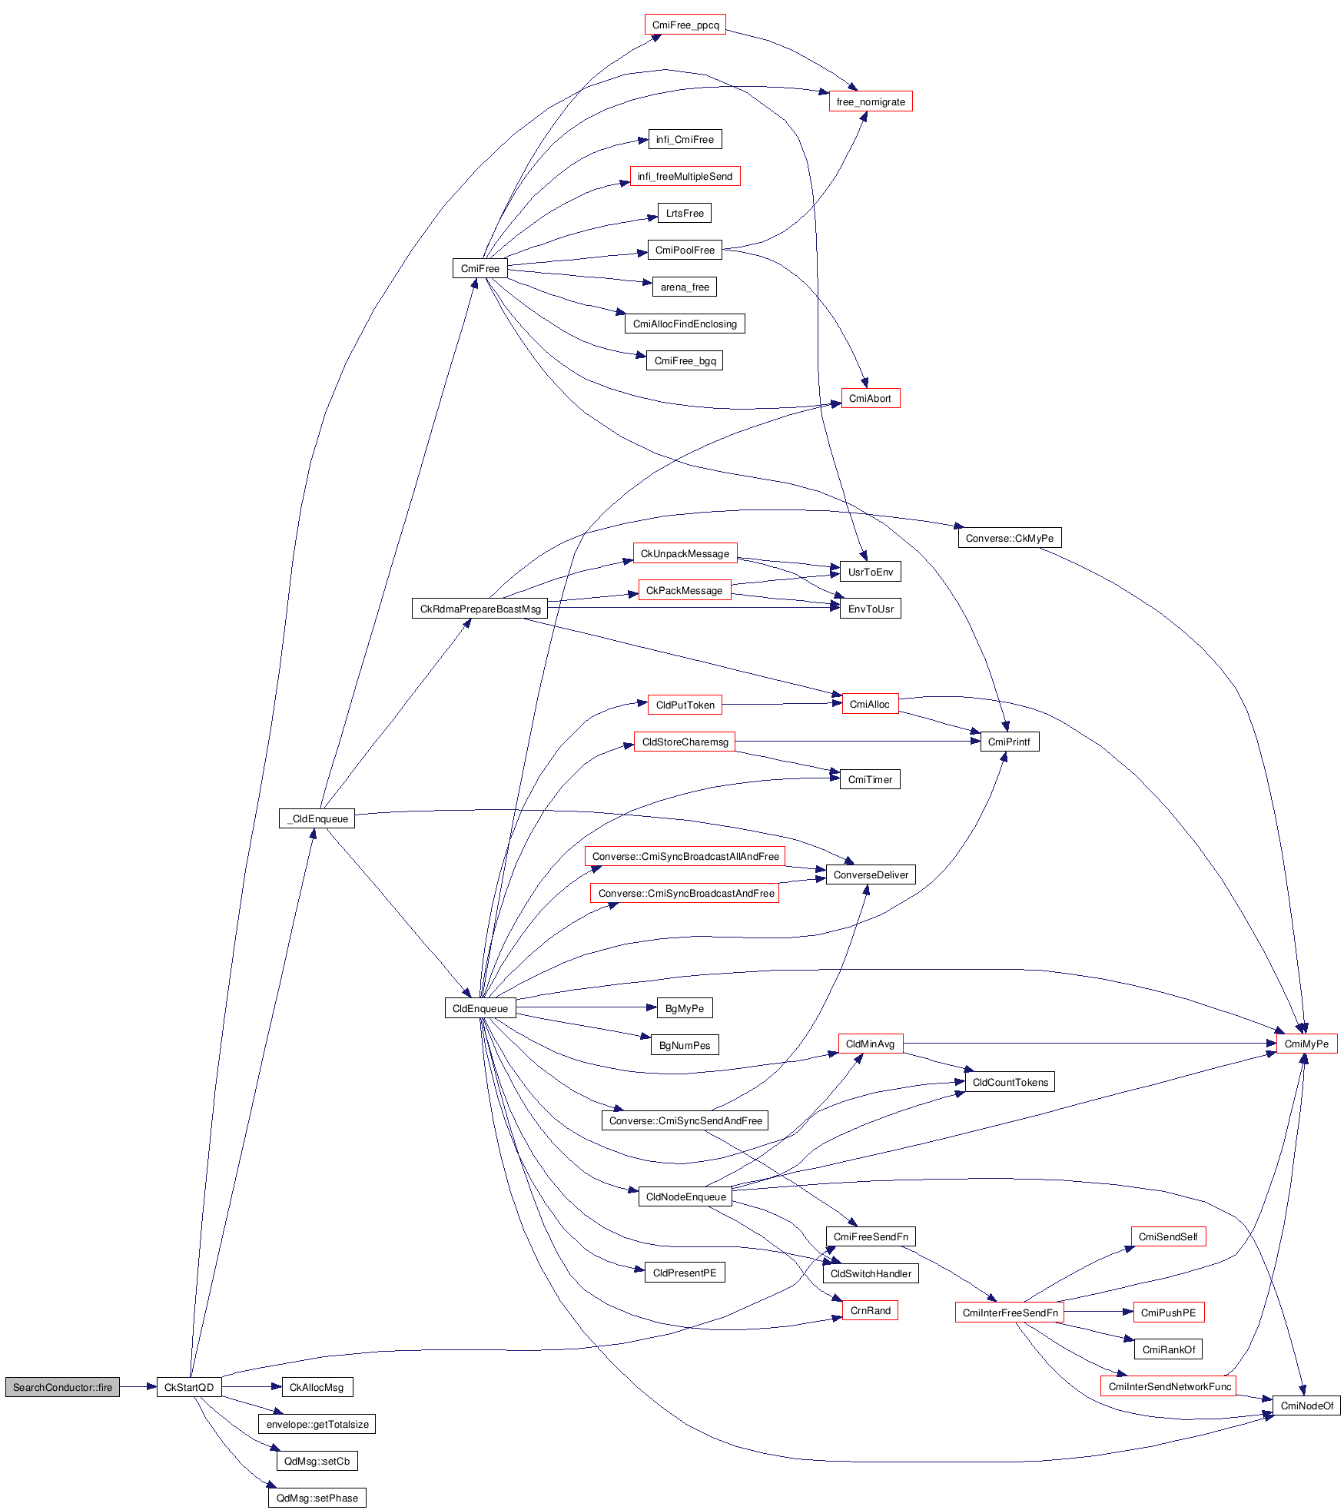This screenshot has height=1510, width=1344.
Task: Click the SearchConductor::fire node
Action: (x=62, y=1387)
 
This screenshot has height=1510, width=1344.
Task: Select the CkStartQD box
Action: (x=189, y=1387)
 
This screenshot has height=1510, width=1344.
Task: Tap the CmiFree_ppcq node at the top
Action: (x=685, y=25)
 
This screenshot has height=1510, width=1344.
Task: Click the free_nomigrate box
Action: (x=870, y=101)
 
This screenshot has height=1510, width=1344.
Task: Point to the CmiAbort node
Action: (x=870, y=398)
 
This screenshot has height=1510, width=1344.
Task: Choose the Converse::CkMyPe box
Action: (x=1009, y=538)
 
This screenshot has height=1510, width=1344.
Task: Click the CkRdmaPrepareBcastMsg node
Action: (x=480, y=609)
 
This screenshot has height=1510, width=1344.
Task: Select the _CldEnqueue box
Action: (x=317, y=818)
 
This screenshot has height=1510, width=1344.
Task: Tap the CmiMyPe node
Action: (x=1306, y=1044)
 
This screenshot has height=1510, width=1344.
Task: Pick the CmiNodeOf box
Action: (x=1306, y=1405)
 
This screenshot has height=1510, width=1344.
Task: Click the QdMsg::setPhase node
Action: (x=317, y=1498)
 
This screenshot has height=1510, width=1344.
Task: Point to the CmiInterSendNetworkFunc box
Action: (x=1169, y=1386)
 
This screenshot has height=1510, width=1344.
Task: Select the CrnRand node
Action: (x=870, y=1310)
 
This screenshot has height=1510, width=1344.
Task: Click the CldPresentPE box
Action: (x=684, y=1273)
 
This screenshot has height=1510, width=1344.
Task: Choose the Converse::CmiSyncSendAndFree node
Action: (x=685, y=1120)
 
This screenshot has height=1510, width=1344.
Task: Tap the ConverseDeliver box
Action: (x=870, y=874)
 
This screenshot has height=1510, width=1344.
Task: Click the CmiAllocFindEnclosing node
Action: (x=684, y=324)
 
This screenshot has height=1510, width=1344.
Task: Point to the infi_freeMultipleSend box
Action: (x=684, y=176)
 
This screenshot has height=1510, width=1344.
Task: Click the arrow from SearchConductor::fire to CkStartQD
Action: (x=138, y=1387)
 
